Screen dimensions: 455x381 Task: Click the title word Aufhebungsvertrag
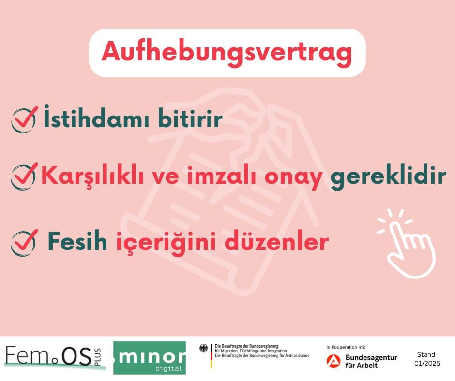pyautogui.click(x=227, y=53)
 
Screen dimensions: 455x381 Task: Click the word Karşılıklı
pyautogui.click(x=92, y=176)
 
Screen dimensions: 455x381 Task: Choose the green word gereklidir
pyautogui.click(x=388, y=177)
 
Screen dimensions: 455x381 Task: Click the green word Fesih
pyautogui.click(x=77, y=241)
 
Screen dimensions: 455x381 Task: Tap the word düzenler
pyautogui.click(x=276, y=241)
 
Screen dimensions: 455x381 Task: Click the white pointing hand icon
pyautogui.click(x=408, y=243)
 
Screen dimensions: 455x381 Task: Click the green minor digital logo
pyautogui.click(x=150, y=358)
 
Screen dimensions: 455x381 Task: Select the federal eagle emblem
pyautogui.click(x=204, y=348)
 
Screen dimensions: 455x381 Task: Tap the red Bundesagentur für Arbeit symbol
pyautogui.click(x=334, y=361)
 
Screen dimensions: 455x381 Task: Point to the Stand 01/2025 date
pyautogui.click(x=427, y=359)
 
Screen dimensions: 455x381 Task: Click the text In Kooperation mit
pyautogui.click(x=346, y=347)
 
